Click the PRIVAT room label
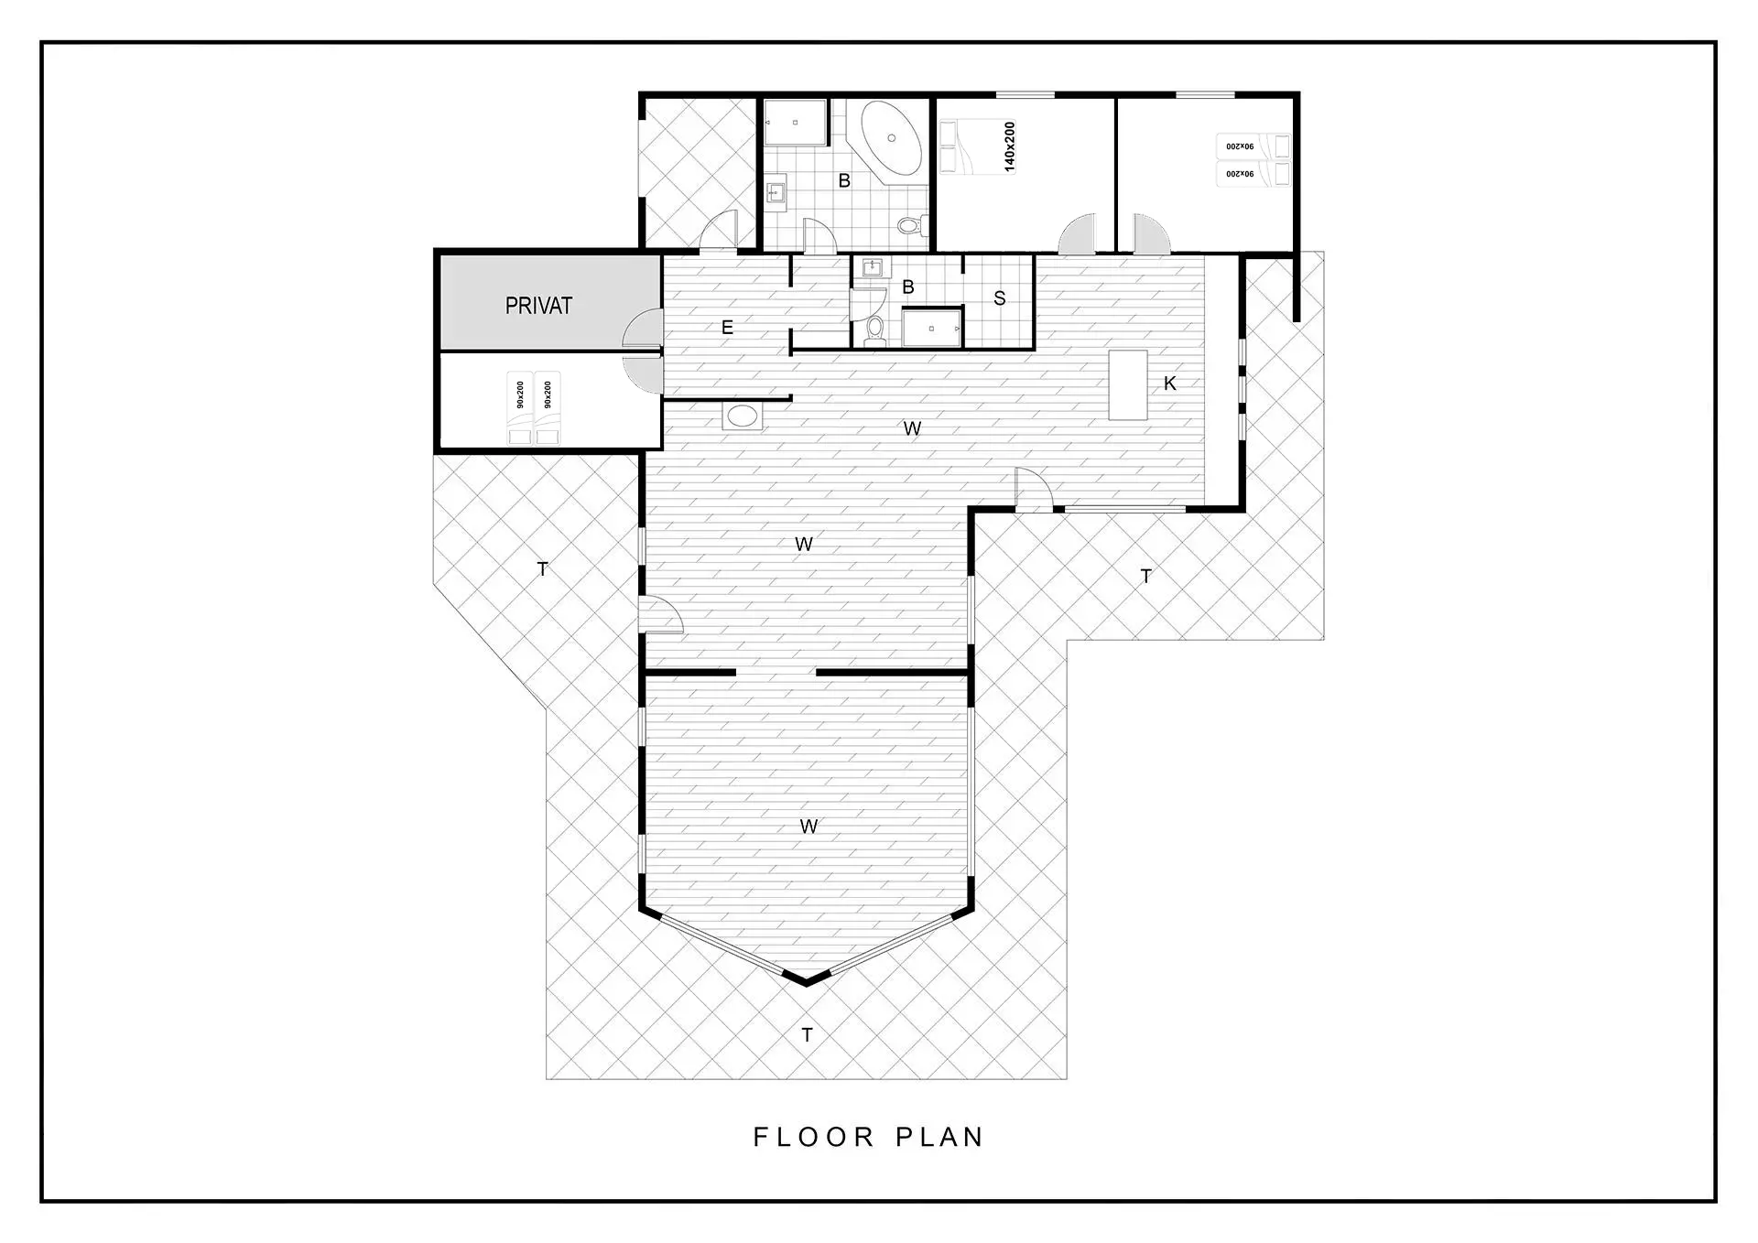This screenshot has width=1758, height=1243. click(x=538, y=306)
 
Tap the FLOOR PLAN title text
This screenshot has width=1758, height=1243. click(x=868, y=1137)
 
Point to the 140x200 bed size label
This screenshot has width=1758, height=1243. click(x=1009, y=146)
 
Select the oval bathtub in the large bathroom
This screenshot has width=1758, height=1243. click(x=891, y=138)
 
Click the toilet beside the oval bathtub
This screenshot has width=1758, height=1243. click(x=912, y=224)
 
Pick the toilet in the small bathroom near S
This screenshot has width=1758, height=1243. click(x=875, y=330)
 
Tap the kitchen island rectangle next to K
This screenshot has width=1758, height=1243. click(x=1128, y=384)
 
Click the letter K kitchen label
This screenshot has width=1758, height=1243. click(x=1169, y=384)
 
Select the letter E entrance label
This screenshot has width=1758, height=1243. click(x=727, y=328)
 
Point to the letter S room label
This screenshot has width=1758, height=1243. click(x=999, y=298)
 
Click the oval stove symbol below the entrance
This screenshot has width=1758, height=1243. click(x=742, y=416)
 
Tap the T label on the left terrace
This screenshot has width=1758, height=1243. click(x=542, y=569)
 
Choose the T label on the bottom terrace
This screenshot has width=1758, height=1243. click(x=807, y=1035)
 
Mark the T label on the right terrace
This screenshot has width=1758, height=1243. click(x=1145, y=576)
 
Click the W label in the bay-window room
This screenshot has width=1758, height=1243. click(x=808, y=827)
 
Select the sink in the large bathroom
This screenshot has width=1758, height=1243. click(x=776, y=193)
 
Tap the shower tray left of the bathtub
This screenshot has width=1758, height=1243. click(x=796, y=123)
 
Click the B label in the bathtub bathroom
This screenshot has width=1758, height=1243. click(x=844, y=181)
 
